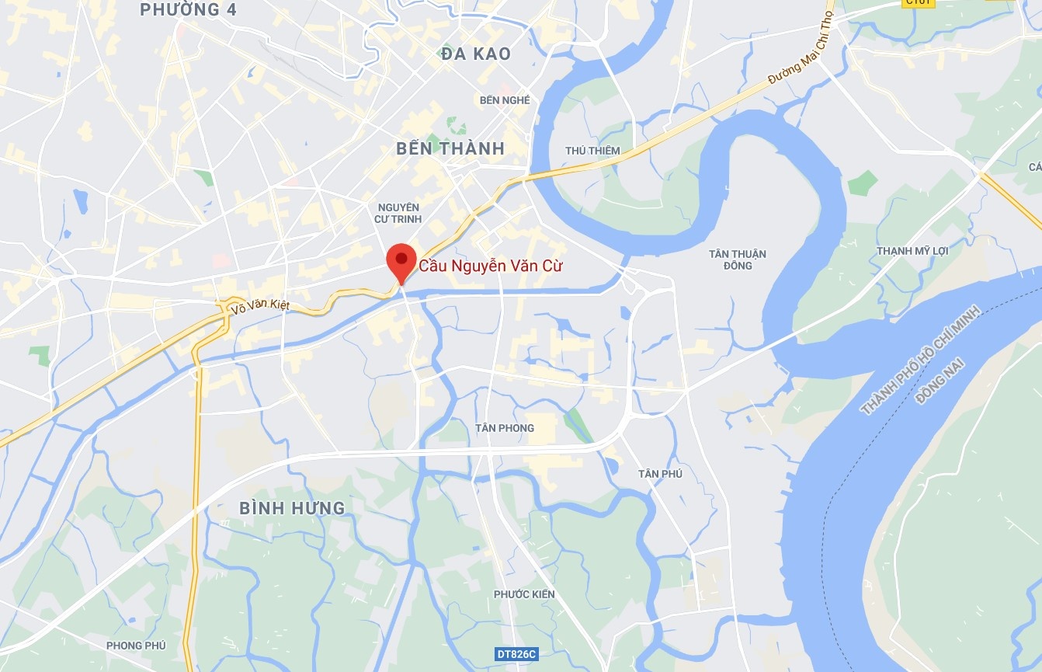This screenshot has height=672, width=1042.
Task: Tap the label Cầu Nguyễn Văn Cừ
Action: point(491,266)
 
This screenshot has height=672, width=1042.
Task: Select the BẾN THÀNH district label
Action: point(450,148)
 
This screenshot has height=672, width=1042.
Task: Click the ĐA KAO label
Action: point(475,54)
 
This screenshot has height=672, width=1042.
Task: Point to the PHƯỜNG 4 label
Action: point(188,10)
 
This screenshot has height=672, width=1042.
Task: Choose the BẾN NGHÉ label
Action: point(505,100)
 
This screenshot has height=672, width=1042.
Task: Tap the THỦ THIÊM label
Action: point(593,151)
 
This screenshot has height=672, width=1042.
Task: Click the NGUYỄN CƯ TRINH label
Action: point(399,213)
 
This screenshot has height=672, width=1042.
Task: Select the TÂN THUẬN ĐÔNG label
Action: point(738,259)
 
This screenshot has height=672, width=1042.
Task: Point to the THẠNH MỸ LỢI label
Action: point(912,251)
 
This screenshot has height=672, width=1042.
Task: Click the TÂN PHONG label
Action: point(505,428)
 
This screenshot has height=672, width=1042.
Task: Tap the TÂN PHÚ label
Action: point(660,474)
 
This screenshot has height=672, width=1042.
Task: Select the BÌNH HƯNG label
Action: point(292,508)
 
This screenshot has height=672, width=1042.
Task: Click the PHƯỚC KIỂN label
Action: point(524,594)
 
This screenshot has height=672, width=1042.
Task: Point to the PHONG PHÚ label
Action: point(136,646)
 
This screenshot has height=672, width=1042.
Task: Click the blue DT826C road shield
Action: point(516,655)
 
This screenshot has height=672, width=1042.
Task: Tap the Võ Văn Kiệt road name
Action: point(260,307)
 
